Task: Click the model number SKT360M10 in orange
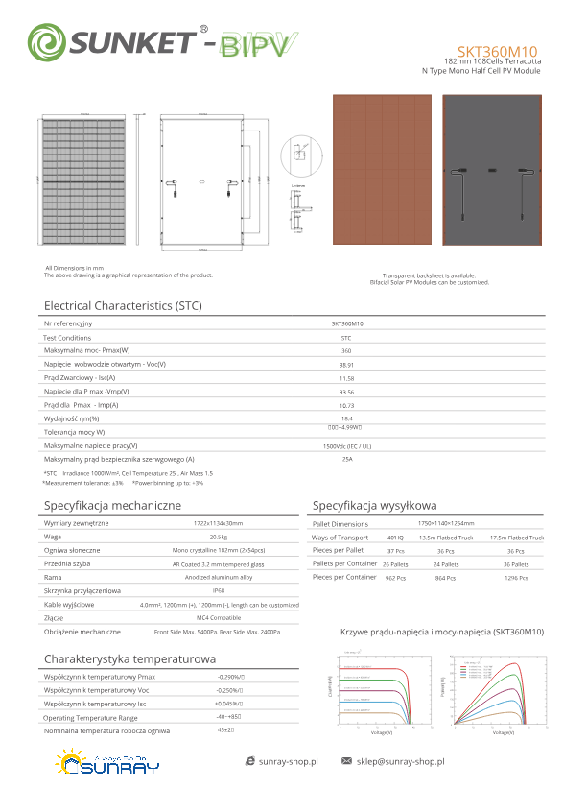pos(497,51)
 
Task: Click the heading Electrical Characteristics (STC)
pos(123,305)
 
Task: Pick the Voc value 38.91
pos(346,365)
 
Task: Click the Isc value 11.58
pos(346,378)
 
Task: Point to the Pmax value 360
pos(346,351)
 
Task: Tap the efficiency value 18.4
pos(346,418)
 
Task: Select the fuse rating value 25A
pos(346,460)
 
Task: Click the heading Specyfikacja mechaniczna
pos(113,505)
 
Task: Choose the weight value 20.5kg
pos(219,537)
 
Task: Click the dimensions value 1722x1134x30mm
pos(219,523)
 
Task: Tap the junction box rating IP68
pos(219,591)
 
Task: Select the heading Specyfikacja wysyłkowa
pos(375,505)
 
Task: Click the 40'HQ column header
pos(395,538)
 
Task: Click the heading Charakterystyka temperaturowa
pos(129,659)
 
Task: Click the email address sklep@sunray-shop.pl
pos(401,761)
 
